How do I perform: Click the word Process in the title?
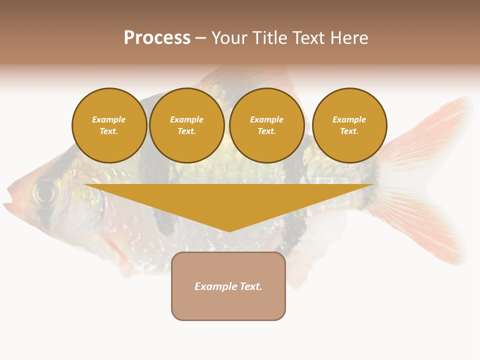click(157, 38)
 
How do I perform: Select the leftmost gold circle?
click(109, 125)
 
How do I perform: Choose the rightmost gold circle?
click(349, 125)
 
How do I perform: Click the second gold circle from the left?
click(186, 125)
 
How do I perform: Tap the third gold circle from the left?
click(266, 125)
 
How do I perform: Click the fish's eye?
click(45, 191)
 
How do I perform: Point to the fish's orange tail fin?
click(425, 180)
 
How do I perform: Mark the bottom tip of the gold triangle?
click(229, 230)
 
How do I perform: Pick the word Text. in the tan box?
click(250, 286)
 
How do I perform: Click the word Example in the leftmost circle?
click(109, 119)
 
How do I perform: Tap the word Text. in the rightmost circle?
click(349, 131)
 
